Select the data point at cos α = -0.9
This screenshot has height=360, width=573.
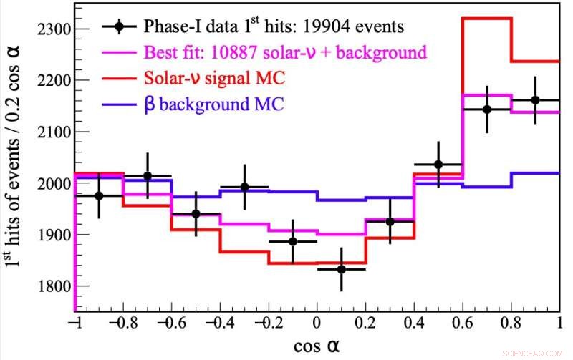99,195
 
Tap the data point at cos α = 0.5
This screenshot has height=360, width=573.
438,165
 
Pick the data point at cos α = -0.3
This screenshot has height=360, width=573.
244,187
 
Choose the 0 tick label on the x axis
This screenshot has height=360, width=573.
317,323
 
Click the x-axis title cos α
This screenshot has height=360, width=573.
316,346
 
